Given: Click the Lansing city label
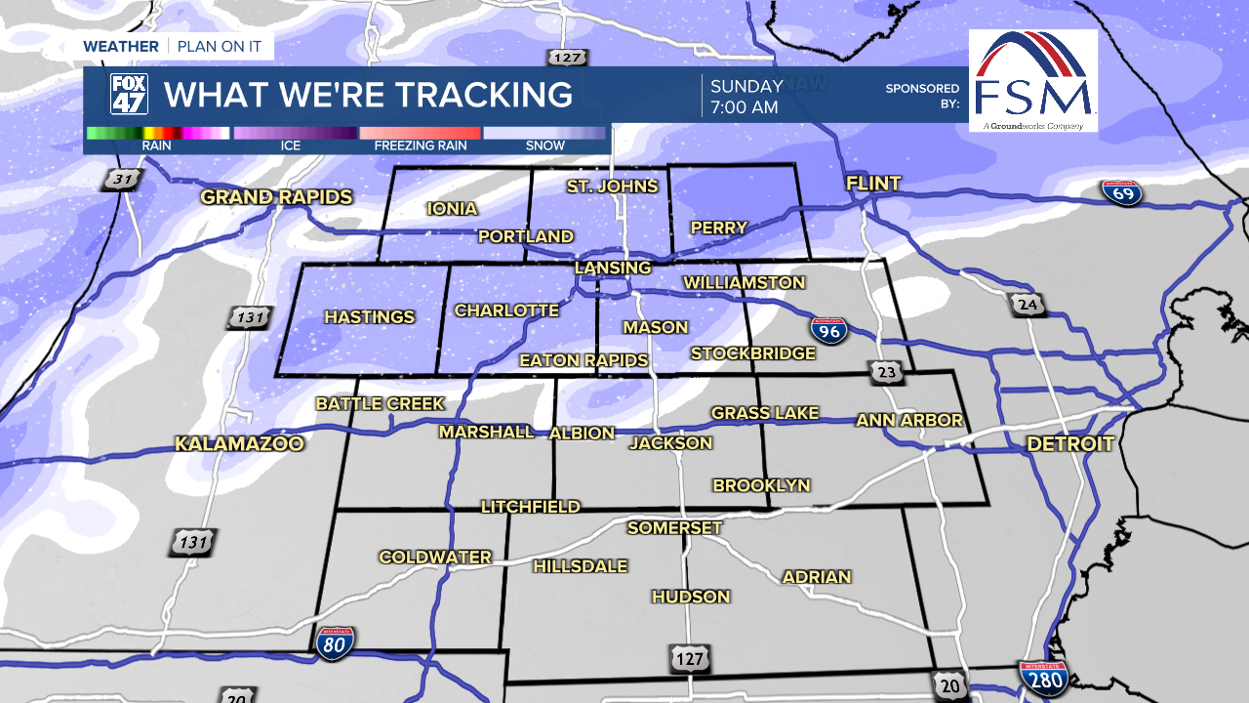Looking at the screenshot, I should coord(613,268).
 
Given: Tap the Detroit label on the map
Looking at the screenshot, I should coord(1069,444).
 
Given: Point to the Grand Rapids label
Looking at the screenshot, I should coord(276,197).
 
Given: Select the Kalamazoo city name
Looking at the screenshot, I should coord(240,444).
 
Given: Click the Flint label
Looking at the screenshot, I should coord(873,184).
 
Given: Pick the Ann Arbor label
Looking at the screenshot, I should coord(909,421).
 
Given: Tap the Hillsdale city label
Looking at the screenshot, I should coord(580,566).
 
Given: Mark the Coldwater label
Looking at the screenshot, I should coord(435,558).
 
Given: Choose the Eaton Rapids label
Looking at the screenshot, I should coord(584,360).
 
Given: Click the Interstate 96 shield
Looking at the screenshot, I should coord(828,330).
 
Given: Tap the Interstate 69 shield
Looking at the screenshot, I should coord(1122,192).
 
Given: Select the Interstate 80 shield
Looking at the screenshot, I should coord(335,641).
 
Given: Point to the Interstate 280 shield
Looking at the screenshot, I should coord(1042,677).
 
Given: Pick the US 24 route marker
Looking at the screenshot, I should coord(1027,306).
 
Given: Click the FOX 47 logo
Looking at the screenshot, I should coord(128,95).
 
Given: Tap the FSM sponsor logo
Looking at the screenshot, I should coord(1032,80).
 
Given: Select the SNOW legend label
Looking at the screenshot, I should coord(544,145).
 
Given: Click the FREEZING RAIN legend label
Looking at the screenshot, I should coord(421,145).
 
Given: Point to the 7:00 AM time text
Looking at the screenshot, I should coord(744,107).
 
